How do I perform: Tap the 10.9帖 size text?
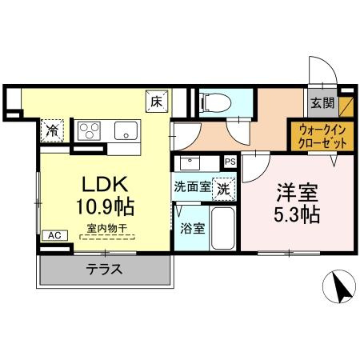tap(104, 206)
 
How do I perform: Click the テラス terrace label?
tap(104, 270)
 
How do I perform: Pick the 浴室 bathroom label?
tap(192, 228)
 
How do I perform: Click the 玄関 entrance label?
tap(323, 102)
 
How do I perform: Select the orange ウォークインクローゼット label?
tap(318, 134)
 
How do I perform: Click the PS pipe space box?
tap(230, 162)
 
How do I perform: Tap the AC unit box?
tap(54, 235)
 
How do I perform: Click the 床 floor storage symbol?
tap(157, 102)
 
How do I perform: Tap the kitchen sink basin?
tap(126, 130)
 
